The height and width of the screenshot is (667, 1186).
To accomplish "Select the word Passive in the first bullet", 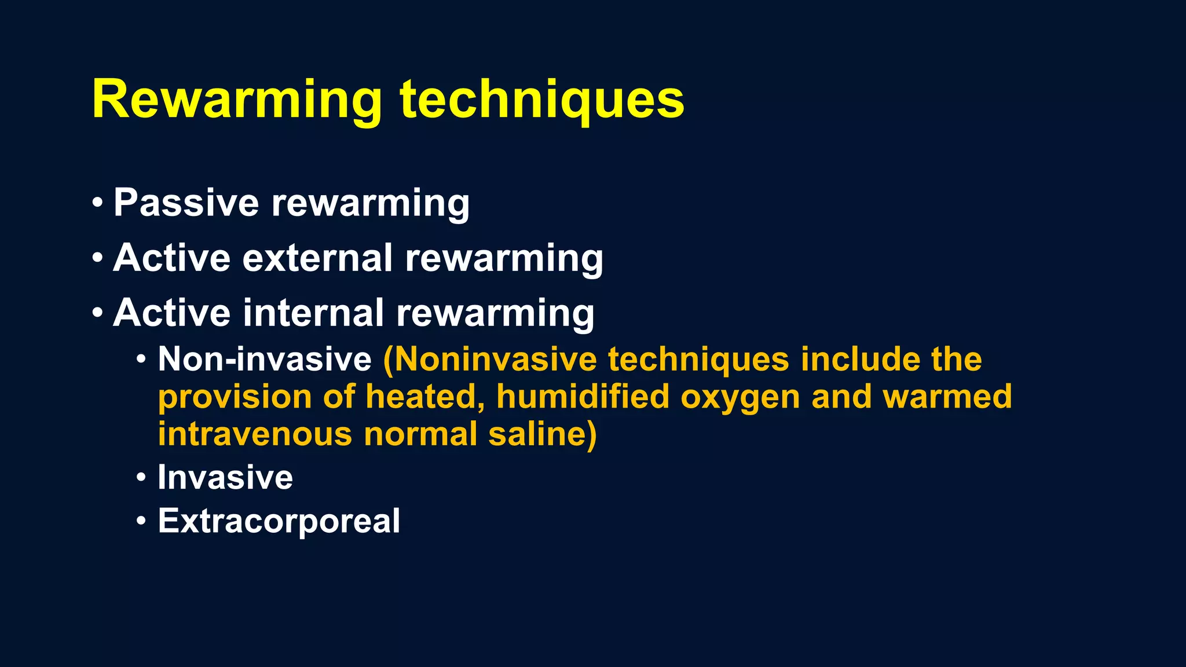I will pos(186,203).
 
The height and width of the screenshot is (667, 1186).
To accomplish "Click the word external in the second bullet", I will pos(317,258).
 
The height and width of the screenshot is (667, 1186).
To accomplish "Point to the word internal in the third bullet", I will pos(313,313).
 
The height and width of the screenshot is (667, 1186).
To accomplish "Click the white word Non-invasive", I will pos(265,359).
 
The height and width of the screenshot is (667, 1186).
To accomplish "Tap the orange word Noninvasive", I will pos(490,359).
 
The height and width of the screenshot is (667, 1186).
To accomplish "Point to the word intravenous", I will pos(255,434).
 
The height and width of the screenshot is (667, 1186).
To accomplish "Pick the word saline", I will pos(542,434).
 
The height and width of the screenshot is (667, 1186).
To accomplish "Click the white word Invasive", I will pos(225,478).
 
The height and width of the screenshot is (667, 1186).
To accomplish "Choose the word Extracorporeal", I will pos(279,521).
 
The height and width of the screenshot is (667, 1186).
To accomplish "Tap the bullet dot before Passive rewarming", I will pos(97,203).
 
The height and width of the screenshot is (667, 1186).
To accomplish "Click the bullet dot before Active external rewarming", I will pos(97,258).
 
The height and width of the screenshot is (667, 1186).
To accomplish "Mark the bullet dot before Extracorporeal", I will pos(141,521).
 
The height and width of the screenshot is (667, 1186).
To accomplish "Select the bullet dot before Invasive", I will pos(141,478).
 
